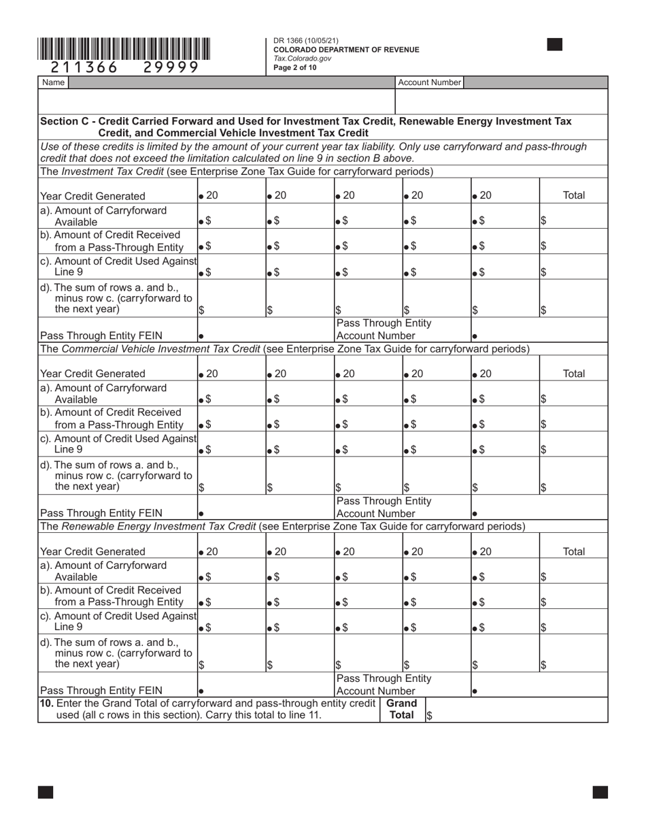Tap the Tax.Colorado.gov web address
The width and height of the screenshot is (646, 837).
point(303,59)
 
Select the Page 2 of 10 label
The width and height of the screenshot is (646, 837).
point(295,67)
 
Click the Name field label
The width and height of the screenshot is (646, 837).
point(53,82)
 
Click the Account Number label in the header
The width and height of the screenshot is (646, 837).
point(429,82)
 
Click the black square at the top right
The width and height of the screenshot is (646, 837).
point(554,45)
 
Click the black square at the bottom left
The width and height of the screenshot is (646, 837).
point(46,792)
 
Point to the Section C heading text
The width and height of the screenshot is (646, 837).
point(306,127)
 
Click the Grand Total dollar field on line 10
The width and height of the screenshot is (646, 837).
point(517,716)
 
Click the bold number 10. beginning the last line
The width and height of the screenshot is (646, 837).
point(47,703)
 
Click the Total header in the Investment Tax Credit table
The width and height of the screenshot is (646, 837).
point(574,195)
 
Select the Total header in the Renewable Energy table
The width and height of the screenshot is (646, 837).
point(574,551)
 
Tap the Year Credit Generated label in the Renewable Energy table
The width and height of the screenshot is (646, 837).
point(92,551)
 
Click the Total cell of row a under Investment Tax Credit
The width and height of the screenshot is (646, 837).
point(574,220)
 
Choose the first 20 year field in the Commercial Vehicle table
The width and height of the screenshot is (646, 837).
point(231,373)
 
